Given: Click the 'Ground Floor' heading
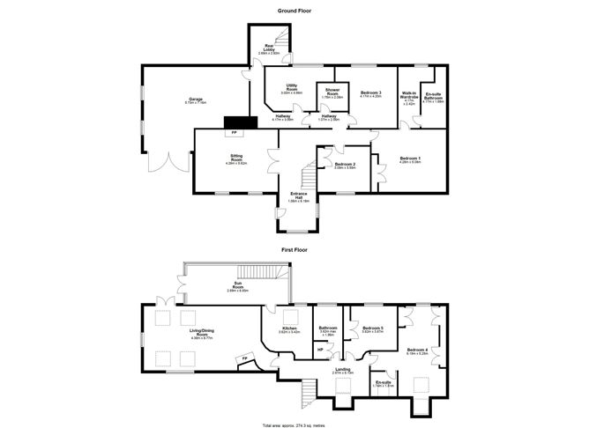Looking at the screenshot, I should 294,11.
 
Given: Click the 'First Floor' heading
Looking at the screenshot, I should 294,250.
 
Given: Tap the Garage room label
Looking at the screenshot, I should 195,100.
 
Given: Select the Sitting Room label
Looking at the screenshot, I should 235,159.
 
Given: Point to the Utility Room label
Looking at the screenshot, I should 291,88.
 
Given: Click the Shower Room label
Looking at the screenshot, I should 332,92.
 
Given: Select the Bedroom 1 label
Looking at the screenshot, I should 411,159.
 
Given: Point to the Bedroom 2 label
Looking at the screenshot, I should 345,165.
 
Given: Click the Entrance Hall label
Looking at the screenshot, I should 299,197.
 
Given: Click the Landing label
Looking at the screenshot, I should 342,370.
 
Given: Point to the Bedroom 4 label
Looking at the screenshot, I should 418,351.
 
